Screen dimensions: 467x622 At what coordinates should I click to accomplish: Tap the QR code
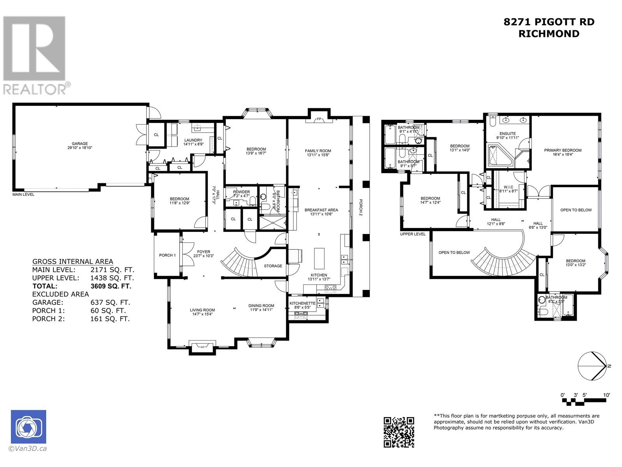tap(399, 432)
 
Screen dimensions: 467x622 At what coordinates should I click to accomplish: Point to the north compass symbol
tap(592, 366)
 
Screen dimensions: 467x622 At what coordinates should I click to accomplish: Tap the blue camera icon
tap(28, 427)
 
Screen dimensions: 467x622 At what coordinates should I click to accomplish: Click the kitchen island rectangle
tap(320, 258)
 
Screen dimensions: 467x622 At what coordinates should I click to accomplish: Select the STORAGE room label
tap(273, 266)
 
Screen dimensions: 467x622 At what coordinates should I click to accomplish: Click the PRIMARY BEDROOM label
tap(563, 150)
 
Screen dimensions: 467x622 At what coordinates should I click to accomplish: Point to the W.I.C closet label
tap(508, 187)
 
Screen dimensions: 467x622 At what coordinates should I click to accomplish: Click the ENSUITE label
tap(508, 133)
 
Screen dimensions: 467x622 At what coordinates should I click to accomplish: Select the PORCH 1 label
tap(167, 255)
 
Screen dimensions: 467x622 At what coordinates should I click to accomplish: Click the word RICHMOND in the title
tap(549, 34)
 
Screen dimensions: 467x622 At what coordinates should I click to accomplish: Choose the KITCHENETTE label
tap(302, 303)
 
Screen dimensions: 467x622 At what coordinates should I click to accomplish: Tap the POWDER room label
tap(241, 192)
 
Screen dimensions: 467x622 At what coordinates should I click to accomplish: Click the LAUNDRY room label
tap(193, 140)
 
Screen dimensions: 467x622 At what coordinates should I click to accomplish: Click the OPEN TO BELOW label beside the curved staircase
tap(454, 253)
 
